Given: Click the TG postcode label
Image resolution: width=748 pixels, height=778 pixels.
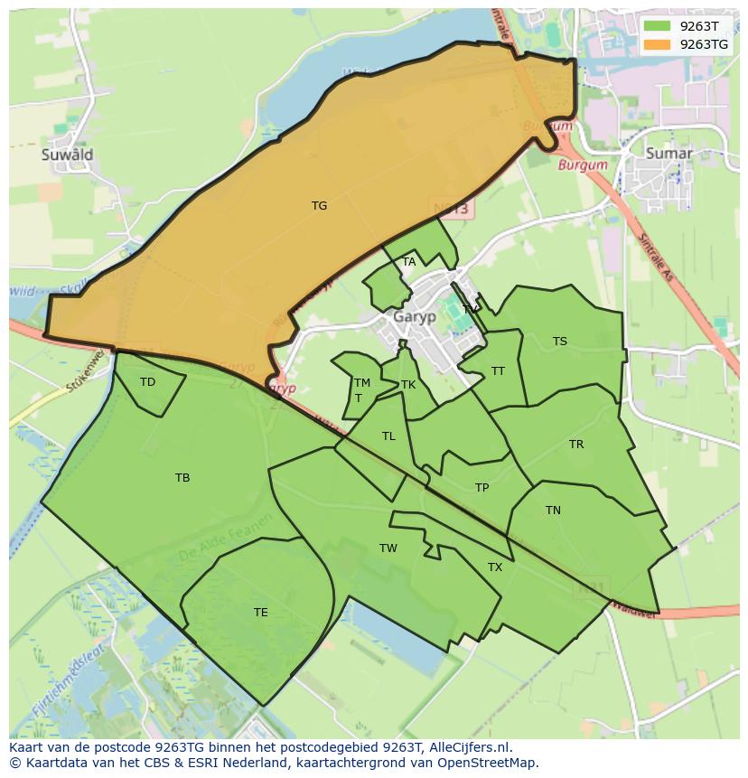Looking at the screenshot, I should pyautogui.click(x=319, y=206).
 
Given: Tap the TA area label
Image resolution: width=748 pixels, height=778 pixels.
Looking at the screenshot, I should pyautogui.click(x=409, y=262).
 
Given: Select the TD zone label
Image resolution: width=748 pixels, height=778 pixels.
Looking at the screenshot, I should pyautogui.click(x=147, y=382).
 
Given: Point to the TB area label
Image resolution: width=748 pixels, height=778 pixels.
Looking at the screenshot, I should pyautogui.click(x=182, y=478).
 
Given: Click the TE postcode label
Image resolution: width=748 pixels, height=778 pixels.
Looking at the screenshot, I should pyautogui.click(x=260, y=613).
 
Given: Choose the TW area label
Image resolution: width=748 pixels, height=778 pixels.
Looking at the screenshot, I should pyautogui.click(x=388, y=548).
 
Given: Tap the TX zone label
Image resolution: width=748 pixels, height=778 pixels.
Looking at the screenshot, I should pyautogui.click(x=495, y=567).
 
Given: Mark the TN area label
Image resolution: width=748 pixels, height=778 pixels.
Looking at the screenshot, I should pyautogui.click(x=553, y=511).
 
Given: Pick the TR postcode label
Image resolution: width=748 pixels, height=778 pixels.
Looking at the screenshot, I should pyautogui.click(x=576, y=445).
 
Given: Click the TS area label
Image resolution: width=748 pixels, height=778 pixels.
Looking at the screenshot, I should pyautogui.click(x=560, y=342).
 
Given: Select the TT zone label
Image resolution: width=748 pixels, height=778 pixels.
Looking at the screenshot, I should pyautogui.click(x=498, y=371).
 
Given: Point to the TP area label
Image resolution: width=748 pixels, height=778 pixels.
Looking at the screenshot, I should pyautogui.click(x=482, y=488).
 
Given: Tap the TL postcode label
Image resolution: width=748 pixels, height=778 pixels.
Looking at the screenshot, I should pyautogui.click(x=388, y=436).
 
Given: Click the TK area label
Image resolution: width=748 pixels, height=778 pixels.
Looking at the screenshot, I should pyautogui.click(x=408, y=385).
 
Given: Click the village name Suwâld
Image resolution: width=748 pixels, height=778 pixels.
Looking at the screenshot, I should pyautogui.click(x=67, y=155).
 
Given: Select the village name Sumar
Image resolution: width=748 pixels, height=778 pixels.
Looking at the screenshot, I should pyautogui.click(x=669, y=154).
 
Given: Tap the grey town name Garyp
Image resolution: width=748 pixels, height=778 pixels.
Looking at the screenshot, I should pyautogui.click(x=415, y=317).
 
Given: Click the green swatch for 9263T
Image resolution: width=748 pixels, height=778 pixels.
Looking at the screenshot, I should pyautogui.click(x=657, y=26).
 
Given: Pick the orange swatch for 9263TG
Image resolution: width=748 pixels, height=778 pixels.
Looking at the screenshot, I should pyautogui.click(x=657, y=43).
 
